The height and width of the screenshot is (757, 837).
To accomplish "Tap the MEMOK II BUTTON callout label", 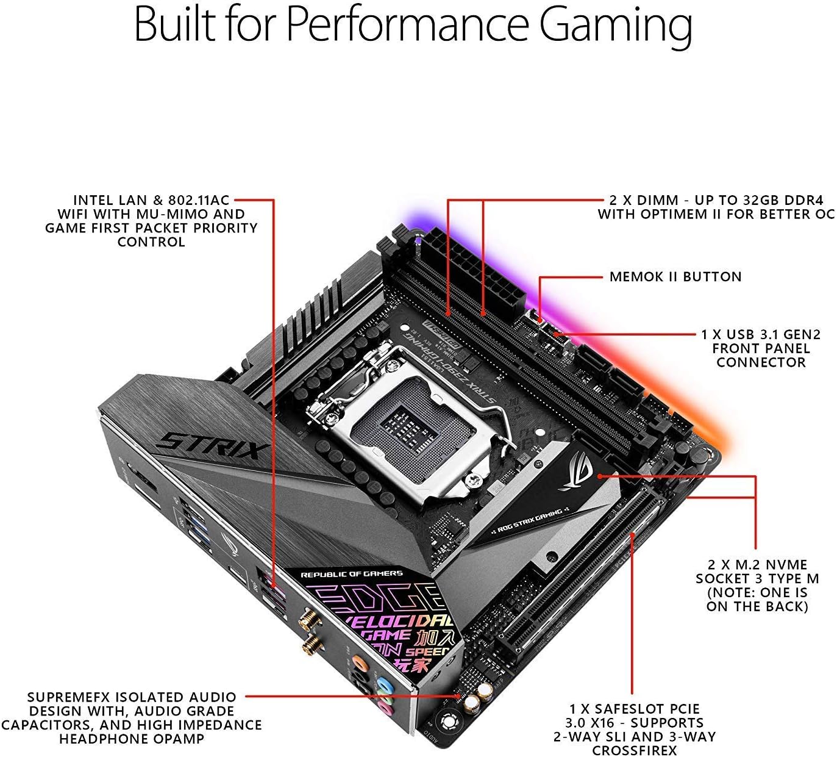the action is pos(675,277).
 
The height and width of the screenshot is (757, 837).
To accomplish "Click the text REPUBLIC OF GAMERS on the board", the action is pos(352,574).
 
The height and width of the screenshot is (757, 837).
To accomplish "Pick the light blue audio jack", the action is pos(384,684).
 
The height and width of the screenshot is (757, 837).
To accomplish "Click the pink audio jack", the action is pos(385,708).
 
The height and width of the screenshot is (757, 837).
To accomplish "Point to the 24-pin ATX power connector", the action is pos(482,268).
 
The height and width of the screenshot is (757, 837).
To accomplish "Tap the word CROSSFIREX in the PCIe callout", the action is pos(635,750).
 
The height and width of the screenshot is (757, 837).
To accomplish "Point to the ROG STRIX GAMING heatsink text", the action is pos(530,520).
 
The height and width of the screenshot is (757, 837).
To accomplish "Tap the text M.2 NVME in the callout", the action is pos(769,565).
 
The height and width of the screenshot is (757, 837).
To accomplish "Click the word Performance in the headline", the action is pos(407,26).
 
